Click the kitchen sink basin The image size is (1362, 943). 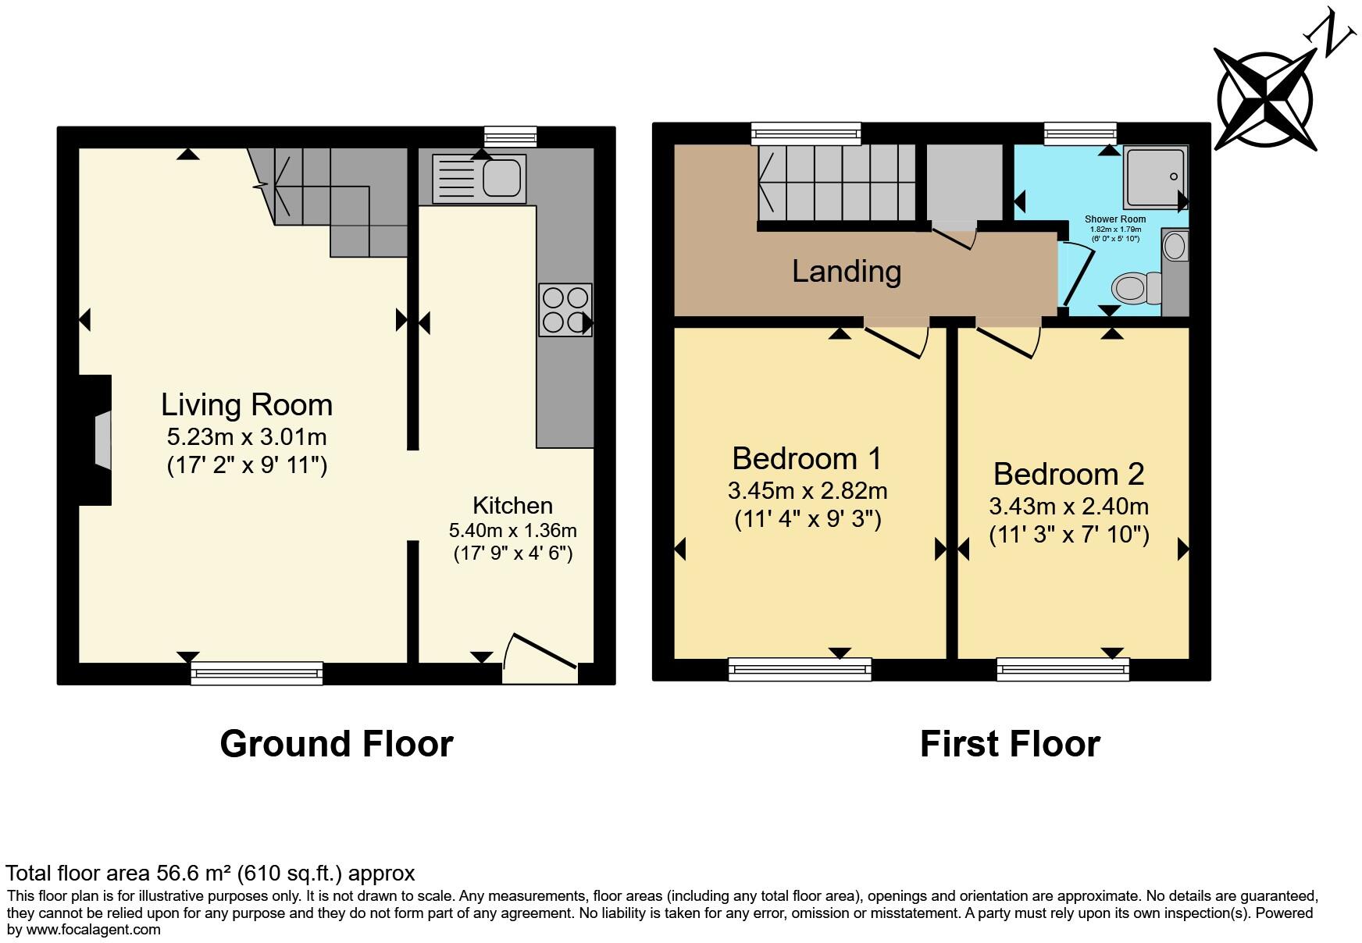click(501, 177)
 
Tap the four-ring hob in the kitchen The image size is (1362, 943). click(565, 310)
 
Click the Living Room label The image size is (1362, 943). click(247, 405)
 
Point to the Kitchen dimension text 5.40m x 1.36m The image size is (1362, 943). click(512, 531)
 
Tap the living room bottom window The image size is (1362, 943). click(257, 672)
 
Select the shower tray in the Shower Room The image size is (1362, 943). click(1155, 178)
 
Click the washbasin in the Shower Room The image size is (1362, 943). click(1175, 247)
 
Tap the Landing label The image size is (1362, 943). click(847, 271)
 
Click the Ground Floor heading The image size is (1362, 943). click(337, 744)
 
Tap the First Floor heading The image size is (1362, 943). click(1010, 744)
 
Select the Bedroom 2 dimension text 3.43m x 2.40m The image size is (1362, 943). click(1068, 507)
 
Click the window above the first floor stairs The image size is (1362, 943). click(806, 133)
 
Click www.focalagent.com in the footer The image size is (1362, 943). click(94, 930)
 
